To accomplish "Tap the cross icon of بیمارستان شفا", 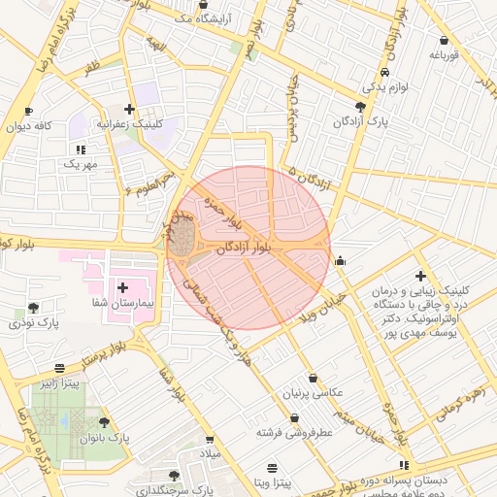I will pyautogui.click(x=123, y=287).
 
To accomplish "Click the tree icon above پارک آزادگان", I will pyautogui.click(x=361, y=107).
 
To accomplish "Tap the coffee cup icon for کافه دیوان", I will pyautogui.click(x=28, y=112).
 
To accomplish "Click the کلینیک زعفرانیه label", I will pyautogui.click(x=137, y=124).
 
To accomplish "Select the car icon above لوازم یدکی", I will pyautogui.click(x=386, y=73).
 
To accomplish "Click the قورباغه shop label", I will pyautogui.click(x=444, y=55).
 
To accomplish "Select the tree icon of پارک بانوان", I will pyautogui.click(x=105, y=422).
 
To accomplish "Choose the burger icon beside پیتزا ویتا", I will pyautogui.click(x=272, y=468).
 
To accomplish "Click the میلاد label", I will pyautogui.click(x=211, y=453).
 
